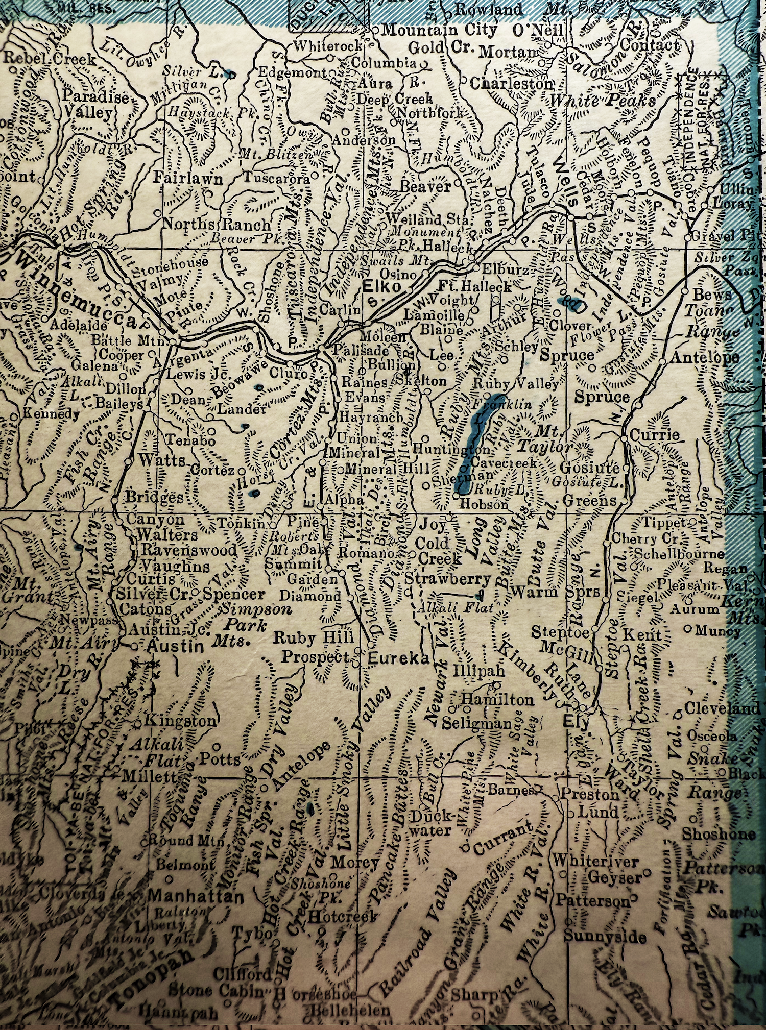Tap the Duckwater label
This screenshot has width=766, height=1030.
coord(432,823)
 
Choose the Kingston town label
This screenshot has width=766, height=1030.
coord(181,721)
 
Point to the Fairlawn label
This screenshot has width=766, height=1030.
coord(188,179)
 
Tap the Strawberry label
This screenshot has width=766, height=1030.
coord(448,579)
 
